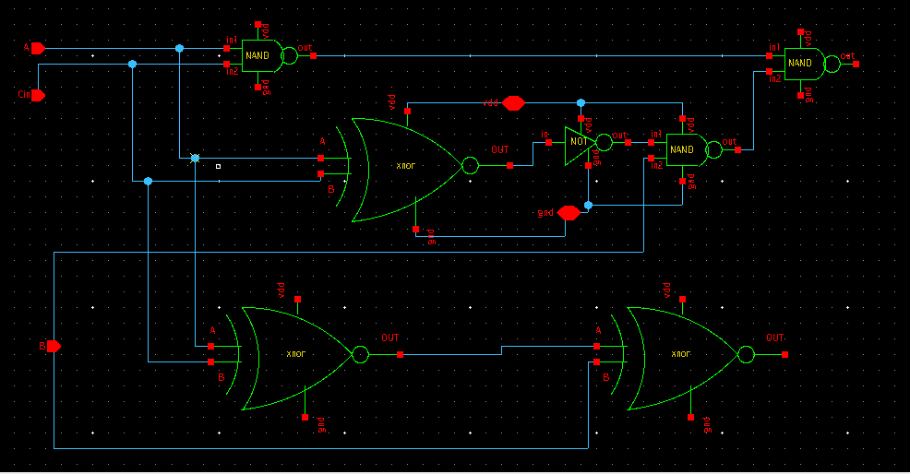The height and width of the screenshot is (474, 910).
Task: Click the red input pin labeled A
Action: (37, 48)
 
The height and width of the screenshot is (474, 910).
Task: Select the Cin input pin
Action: (37, 94)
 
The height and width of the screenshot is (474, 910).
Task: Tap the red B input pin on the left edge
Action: (54, 346)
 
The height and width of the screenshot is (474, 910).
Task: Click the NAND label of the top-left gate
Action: (257, 56)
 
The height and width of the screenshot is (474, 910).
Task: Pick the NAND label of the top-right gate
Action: (800, 64)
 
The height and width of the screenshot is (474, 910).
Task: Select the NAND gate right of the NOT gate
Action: (683, 149)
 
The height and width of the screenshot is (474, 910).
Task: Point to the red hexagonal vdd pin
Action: (514, 102)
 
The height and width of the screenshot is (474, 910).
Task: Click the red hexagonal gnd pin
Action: (569, 213)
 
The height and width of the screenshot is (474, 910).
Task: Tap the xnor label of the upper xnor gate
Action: (405, 166)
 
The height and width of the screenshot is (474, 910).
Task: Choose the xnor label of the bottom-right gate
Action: (680, 354)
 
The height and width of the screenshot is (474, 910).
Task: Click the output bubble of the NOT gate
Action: (604, 142)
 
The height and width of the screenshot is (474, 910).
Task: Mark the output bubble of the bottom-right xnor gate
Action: (745, 354)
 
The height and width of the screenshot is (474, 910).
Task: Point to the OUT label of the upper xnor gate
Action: (499, 149)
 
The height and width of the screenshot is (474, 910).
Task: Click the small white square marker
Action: (218, 167)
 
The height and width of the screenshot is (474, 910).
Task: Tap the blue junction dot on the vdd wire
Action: (581, 102)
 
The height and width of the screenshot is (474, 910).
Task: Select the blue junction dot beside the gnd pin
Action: (588, 205)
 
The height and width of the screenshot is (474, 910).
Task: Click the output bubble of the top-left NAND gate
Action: (289, 55)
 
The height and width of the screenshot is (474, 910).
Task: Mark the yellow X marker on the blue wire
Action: (195, 159)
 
